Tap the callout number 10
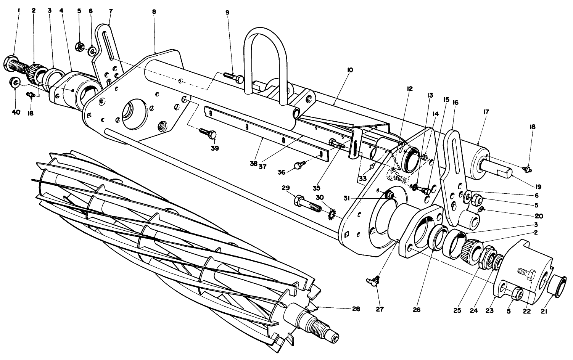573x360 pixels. (x=350, y=70)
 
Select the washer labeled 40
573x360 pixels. (x=15, y=82)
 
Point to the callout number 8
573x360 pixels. (x=154, y=12)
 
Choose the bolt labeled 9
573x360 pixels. (x=233, y=77)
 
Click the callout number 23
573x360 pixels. (x=489, y=311)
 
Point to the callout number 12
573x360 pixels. (x=410, y=89)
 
